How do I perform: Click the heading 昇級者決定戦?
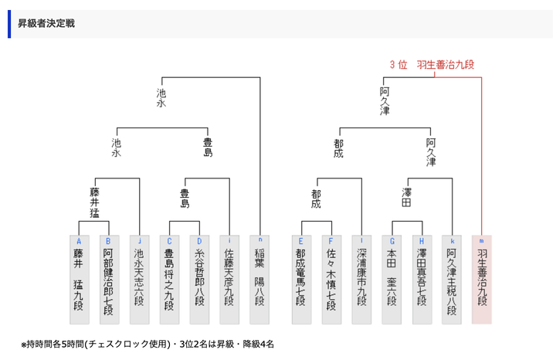pyautogui.click(x=46, y=23)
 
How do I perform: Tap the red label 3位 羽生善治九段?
pyautogui.click(x=432, y=65)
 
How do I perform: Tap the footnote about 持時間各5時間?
pyautogui.click(x=147, y=344)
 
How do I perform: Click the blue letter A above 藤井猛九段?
pyautogui.click(x=78, y=240)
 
